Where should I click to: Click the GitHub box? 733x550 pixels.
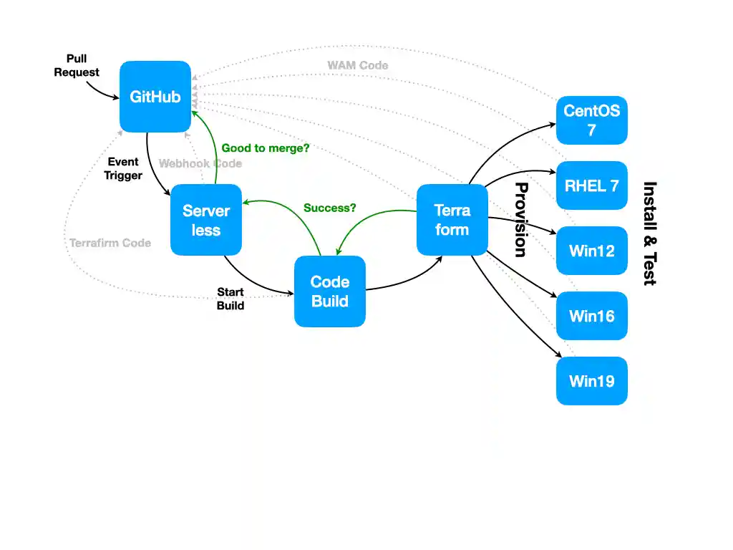pos(155,97)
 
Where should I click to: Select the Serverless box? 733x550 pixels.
pos(206,220)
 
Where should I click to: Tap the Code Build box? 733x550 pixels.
pos(330,291)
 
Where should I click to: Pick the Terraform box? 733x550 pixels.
pos(452,220)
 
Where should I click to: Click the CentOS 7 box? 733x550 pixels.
pos(591,120)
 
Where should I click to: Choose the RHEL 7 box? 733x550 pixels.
pos(591,185)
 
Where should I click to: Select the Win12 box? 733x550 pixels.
pos(591,251)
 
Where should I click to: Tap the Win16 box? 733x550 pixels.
pos(591,316)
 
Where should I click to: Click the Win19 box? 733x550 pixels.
pos(591,381)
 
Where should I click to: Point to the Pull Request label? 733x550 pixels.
pos(77,65)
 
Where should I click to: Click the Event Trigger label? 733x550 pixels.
pos(123,169)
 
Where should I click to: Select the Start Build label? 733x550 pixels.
pos(230,299)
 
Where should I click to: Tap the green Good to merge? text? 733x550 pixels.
pos(266,148)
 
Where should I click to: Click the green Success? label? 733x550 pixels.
pos(330,208)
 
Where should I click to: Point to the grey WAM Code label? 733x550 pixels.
pos(358,66)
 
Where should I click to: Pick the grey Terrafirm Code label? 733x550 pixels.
pos(110,243)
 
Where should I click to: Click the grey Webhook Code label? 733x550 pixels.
pos(200,163)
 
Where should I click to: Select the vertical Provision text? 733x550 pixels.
pos(521,220)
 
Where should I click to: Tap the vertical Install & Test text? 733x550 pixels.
pos(649,233)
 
